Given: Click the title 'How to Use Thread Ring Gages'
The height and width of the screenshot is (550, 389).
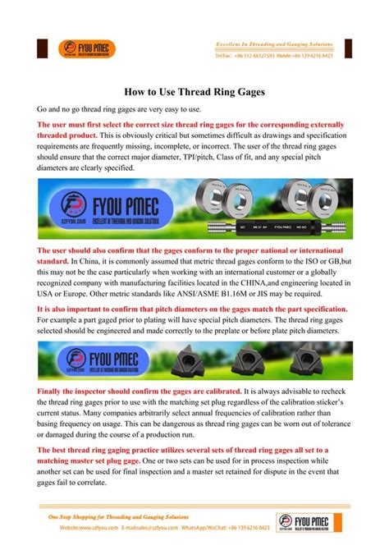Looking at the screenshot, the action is tap(194, 94).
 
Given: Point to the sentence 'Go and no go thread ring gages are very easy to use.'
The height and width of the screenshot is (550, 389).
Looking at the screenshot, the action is tap(113, 109).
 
